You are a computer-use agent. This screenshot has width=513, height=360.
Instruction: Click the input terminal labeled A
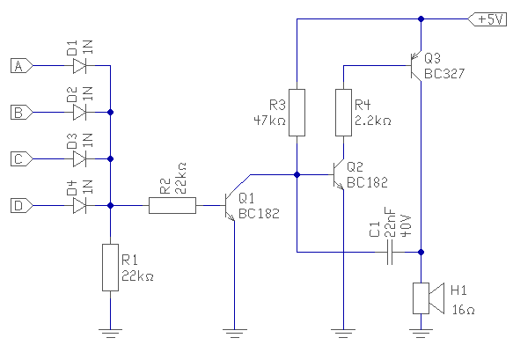22,66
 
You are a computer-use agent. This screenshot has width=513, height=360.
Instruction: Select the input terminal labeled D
22,206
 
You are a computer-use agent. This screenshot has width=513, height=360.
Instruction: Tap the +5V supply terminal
487,19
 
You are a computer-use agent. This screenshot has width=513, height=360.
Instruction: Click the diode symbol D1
79,66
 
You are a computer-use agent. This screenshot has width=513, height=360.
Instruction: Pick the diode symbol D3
79,159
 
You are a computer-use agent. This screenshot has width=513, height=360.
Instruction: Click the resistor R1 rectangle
111,268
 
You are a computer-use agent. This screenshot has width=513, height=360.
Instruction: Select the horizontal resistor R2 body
172,206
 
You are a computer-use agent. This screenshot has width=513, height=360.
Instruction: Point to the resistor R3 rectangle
297,113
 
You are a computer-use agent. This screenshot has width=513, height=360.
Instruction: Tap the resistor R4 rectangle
344,113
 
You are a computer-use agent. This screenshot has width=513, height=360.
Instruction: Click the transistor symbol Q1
230,206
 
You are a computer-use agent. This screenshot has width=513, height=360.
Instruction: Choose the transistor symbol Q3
415,66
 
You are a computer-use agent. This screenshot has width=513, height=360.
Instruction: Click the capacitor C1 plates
390,253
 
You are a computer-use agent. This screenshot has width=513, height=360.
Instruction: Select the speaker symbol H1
429,298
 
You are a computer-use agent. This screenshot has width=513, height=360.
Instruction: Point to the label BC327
444,74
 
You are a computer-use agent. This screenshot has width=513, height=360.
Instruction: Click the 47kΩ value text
270,121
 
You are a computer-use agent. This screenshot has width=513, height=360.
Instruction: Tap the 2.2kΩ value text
373,121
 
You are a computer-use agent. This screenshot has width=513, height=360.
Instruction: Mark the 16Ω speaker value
463,310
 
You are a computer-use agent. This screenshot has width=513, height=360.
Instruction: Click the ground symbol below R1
111,334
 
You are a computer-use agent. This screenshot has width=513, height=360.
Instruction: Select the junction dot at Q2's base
297,175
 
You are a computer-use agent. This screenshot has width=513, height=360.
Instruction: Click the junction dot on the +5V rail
421,19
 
